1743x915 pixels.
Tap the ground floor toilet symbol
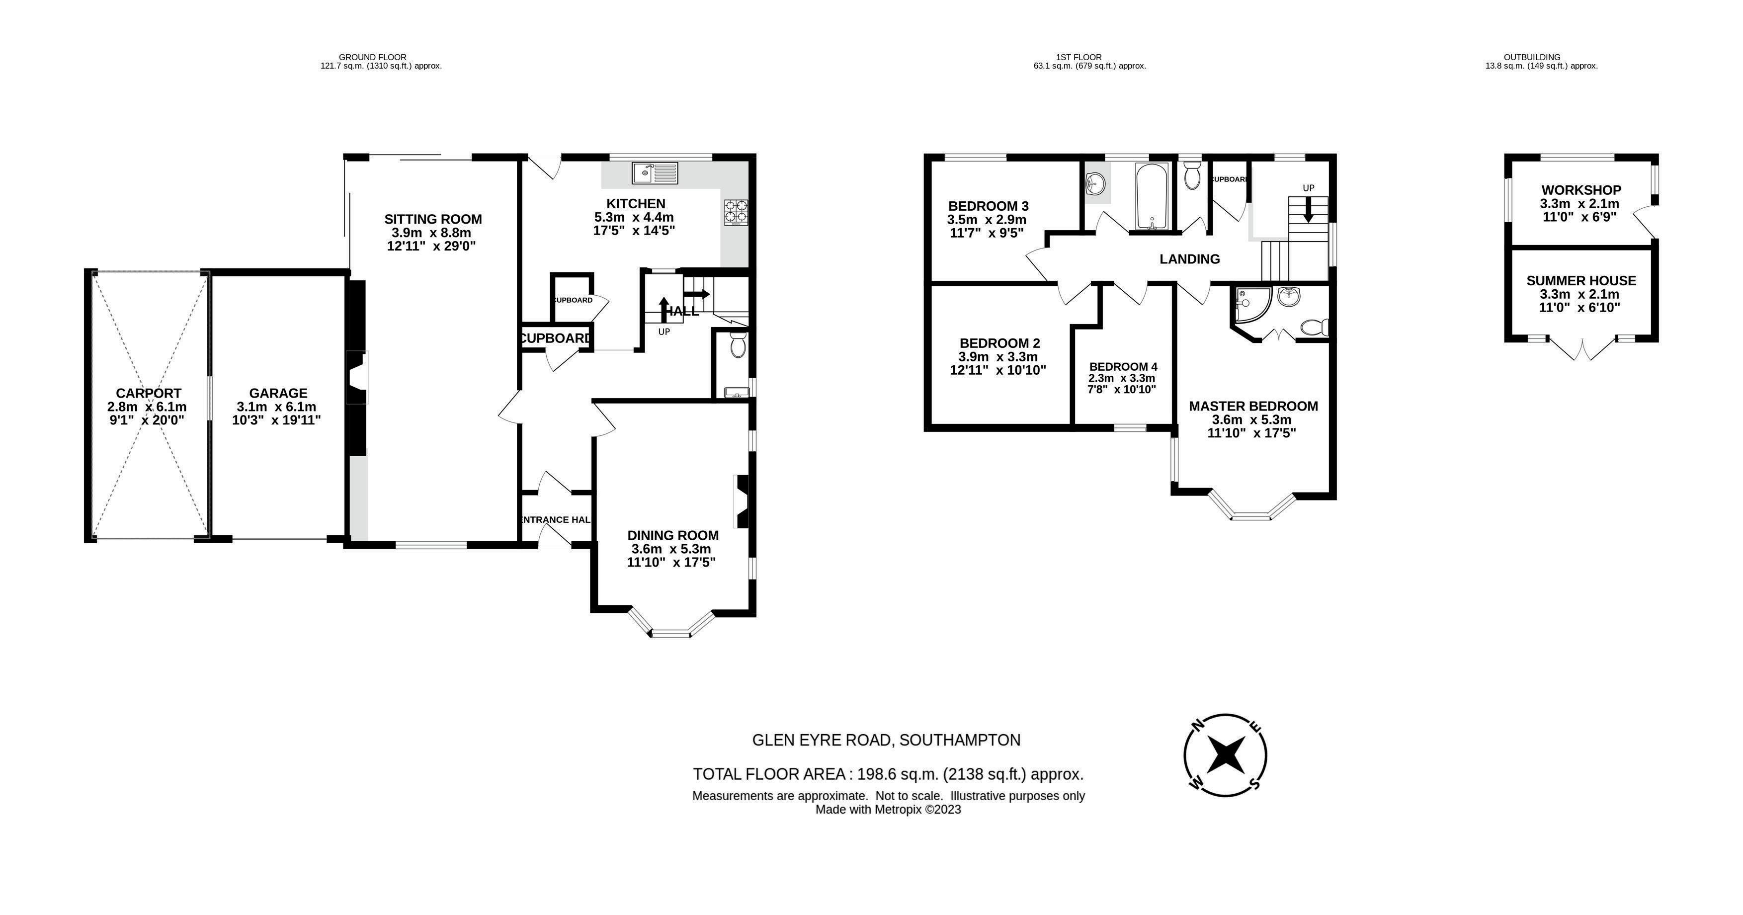click(738, 344)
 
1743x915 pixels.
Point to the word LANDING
click(1189, 259)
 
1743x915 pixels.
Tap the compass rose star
click(1226, 755)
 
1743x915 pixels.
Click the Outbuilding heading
click(1541, 57)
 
